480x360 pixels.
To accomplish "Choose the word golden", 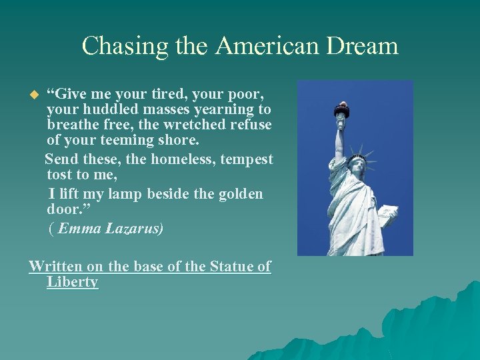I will pos(238,194).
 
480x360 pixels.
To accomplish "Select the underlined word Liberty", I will pos(73,282).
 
